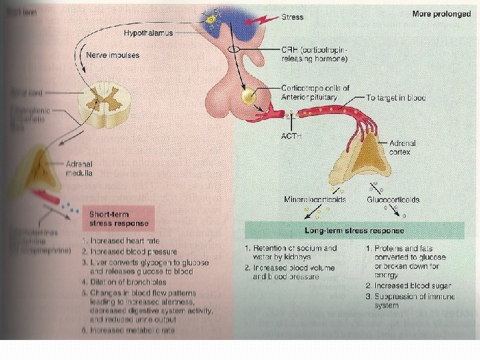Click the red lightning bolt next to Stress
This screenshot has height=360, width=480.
[269, 19]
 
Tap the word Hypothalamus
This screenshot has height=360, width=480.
[147, 33]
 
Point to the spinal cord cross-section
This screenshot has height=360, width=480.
[100, 105]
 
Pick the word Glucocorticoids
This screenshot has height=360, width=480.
[393, 199]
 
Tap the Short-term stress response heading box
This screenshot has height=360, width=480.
[119, 218]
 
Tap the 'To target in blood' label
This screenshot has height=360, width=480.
[396, 97]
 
